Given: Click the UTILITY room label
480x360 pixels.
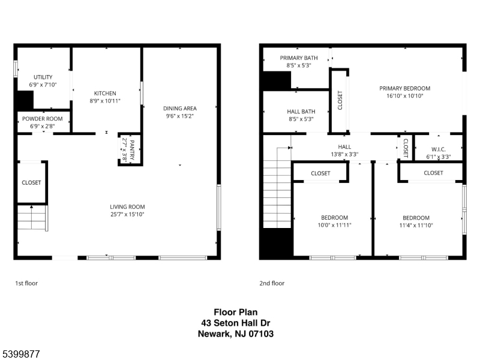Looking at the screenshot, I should click(43, 77).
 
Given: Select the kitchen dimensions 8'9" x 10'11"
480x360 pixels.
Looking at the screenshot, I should click(105, 101).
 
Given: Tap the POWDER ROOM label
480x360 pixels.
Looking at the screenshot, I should click(43, 119).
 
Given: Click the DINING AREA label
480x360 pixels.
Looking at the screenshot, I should click(180, 109).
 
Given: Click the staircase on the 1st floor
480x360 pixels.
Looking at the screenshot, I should click(31, 217).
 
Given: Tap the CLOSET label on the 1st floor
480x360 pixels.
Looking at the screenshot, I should click(31, 182).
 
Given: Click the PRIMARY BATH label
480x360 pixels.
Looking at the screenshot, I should click(295, 58).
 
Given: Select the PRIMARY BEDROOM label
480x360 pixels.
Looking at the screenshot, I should click(404, 88).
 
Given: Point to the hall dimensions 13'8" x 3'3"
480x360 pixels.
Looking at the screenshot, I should click(344, 154).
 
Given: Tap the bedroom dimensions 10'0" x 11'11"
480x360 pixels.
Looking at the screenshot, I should click(334, 225).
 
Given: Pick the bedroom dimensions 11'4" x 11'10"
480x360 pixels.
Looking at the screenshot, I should click(416, 225).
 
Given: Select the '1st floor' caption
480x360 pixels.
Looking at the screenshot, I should click(26, 283).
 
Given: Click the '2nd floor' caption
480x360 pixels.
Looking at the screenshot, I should click(272, 283).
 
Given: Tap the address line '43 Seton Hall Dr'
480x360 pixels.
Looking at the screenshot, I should click(236, 323).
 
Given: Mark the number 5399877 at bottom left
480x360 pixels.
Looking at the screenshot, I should click(21, 355).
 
